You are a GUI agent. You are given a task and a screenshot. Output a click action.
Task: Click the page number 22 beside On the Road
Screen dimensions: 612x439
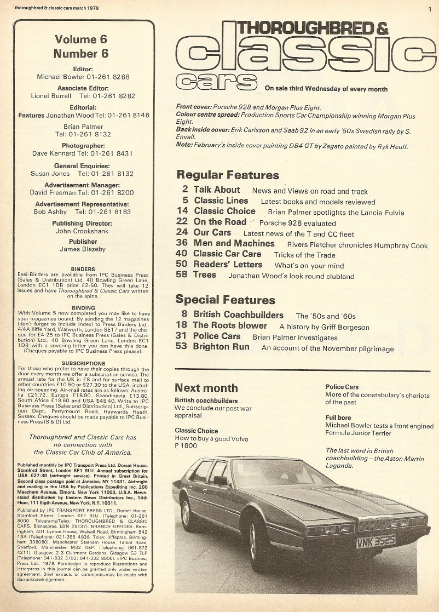[182, 222]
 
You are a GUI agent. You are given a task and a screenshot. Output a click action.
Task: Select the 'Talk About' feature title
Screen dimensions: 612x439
[217, 190]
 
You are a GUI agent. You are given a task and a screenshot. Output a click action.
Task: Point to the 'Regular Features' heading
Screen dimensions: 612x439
[227, 175]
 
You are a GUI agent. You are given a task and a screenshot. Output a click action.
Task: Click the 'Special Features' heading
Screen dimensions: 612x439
[225, 300]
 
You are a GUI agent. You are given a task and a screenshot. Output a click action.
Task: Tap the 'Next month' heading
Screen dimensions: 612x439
[206, 388]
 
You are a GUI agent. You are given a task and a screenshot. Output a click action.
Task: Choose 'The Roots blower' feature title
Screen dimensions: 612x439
[230, 325]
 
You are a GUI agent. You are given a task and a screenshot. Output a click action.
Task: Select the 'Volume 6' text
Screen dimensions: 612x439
[81, 39]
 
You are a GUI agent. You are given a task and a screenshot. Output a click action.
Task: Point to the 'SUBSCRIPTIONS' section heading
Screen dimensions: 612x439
[83, 363]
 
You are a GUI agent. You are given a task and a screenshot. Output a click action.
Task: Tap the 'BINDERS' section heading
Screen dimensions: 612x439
[83, 269]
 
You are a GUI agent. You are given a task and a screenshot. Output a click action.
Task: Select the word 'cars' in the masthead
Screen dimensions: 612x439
[217, 83]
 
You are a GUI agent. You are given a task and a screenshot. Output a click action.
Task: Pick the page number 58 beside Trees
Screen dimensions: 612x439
[182, 275]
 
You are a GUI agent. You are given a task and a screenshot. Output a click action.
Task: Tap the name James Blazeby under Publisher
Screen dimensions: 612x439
[83, 250]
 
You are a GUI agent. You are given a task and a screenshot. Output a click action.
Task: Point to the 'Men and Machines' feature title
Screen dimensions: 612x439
[234, 243]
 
